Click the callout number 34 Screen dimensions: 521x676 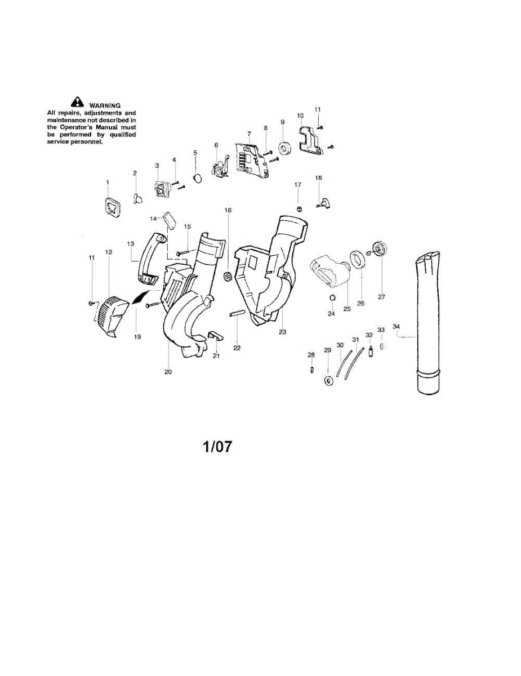[x=396, y=327]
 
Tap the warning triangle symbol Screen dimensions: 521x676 [x=76, y=103]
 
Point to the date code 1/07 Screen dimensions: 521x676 [x=217, y=447]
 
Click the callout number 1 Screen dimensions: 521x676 [x=108, y=183]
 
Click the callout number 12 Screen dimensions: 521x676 [x=109, y=252]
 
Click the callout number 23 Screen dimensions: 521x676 [x=282, y=332]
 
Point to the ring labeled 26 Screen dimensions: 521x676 [x=357, y=259]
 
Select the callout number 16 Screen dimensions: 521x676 [x=228, y=210]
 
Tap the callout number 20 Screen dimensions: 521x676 [x=168, y=371]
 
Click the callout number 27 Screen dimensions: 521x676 [x=381, y=297]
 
